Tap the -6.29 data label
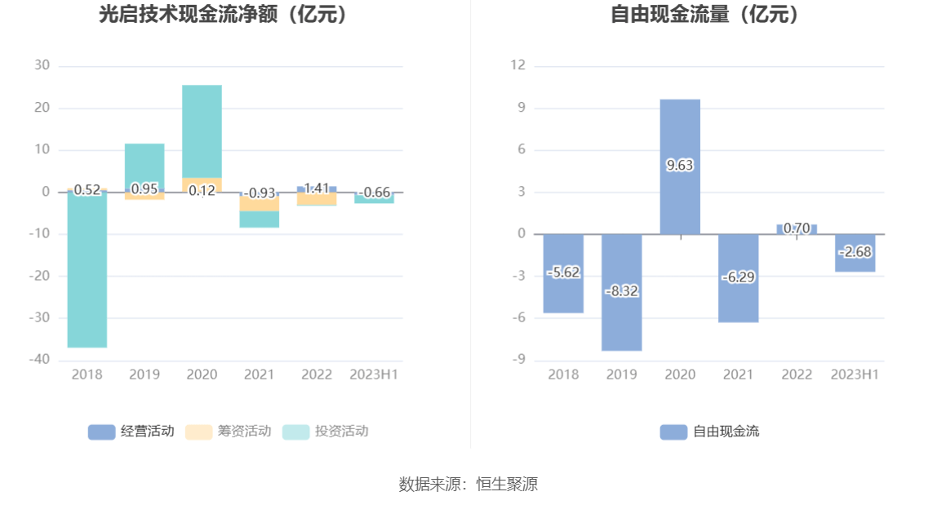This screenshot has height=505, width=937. click(x=738, y=277)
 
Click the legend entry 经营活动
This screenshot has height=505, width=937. click(x=131, y=432)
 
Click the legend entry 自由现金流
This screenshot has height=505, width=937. click(x=709, y=432)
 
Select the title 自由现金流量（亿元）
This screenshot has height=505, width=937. click(x=704, y=14)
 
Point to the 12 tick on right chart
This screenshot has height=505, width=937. click(x=517, y=66)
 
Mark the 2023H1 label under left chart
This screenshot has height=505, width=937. click(x=374, y=374)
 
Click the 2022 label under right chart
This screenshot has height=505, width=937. click(x=797, y=374)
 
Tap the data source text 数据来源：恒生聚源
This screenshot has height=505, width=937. click(x=468, y=484)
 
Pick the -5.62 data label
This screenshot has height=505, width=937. click(x=563, y=272)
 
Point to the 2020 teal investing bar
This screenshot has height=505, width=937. click(x=202, y=131)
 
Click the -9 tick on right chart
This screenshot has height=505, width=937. click(x=519, y=360)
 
